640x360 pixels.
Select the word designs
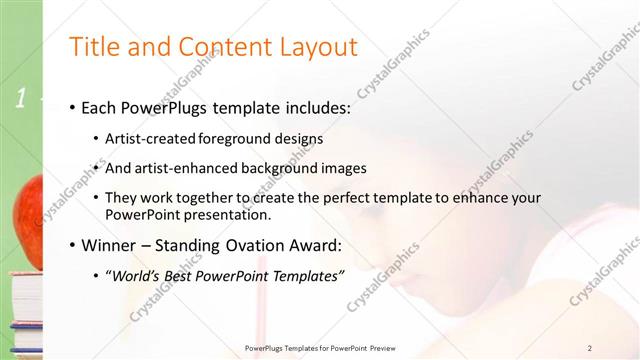point(297,139)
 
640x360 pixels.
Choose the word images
point(343,169)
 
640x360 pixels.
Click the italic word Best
point(184,275)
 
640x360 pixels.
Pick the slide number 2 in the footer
point(590,348)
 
